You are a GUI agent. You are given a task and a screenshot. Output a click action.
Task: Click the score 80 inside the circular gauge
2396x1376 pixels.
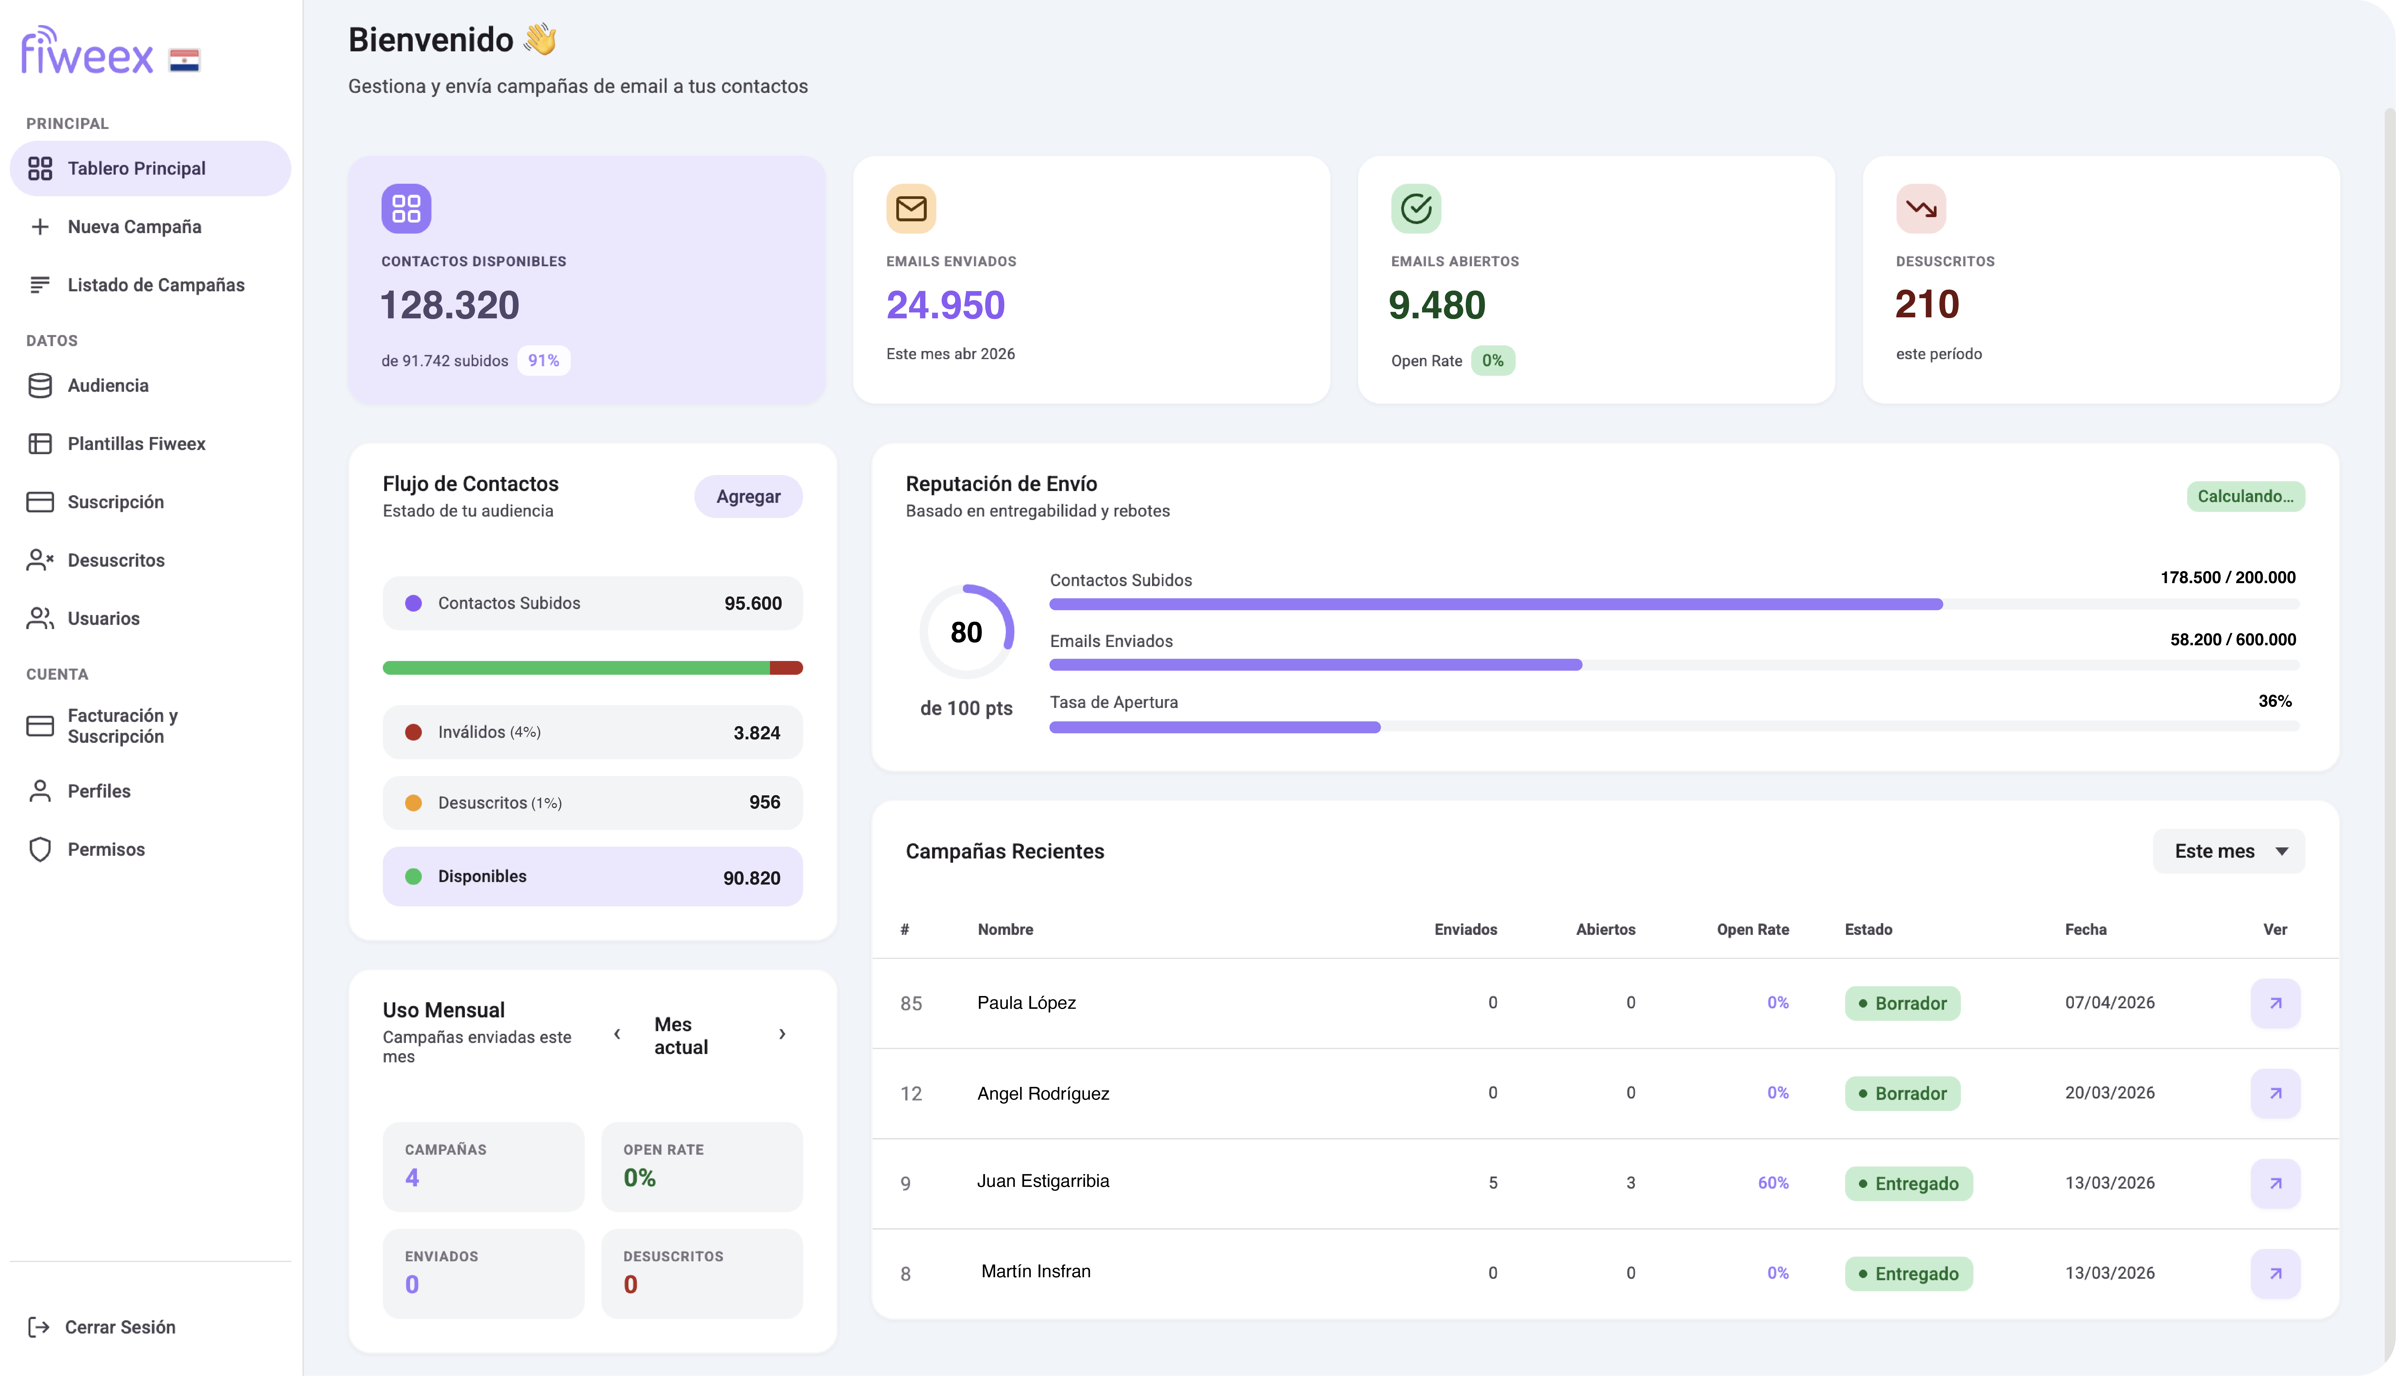(x=966, y=632)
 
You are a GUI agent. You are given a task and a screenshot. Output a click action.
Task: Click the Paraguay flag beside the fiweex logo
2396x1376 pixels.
(x=184, y=60)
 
